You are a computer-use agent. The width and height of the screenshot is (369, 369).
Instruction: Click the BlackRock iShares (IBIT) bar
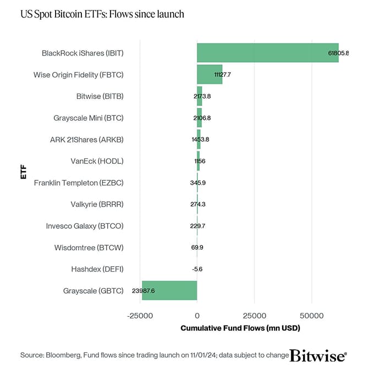point(267,53)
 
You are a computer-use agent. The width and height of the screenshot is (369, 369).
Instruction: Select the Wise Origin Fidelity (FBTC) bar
point(210,74)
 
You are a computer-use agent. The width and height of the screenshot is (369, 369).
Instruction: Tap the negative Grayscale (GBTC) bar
point(169,290)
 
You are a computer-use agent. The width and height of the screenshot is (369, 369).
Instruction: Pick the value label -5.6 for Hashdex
point(197,269)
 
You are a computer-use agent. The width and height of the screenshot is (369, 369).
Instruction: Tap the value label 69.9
point(197,247)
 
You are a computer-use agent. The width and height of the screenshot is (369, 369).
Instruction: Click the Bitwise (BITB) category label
point(100,96)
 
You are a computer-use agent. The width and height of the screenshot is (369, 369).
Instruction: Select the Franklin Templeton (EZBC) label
point(79,183)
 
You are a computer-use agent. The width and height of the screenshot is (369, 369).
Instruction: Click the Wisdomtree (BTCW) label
point(89,247)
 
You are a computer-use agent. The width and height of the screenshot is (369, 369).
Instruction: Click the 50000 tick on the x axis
point(311,316)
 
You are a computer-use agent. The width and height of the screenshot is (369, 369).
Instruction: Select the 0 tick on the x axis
point(197,316)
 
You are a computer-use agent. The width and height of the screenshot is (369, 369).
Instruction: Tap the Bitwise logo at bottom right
point(318,355)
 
